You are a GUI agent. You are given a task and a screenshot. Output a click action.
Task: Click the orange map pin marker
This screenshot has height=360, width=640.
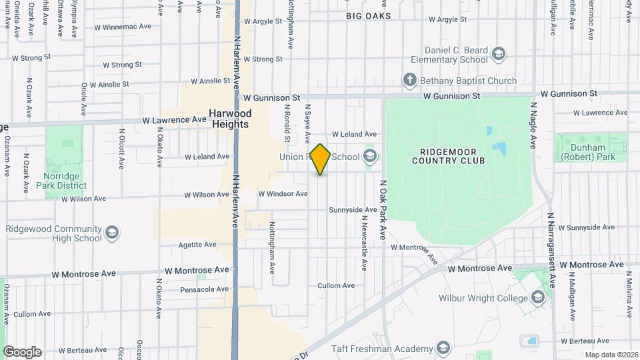pyautogui.click(x=321, y=159)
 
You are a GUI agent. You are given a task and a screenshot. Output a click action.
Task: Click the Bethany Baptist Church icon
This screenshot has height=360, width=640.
pyautogui.click(x=410, y=81)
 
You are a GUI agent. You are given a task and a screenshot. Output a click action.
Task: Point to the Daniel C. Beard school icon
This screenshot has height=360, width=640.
pyautogui.click(x=497, y=54)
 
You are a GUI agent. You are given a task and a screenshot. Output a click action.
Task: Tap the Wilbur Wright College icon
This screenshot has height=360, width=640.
pyautogui.click(x=538, y=298)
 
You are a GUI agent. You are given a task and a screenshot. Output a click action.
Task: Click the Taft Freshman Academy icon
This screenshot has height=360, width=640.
pyautogui.click(x=443, y=349)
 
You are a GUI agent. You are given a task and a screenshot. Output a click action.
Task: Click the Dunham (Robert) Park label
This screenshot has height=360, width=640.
pyautogui.click(x=587, y=152)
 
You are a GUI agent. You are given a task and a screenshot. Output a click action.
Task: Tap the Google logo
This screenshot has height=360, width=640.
pyautogui.click(x=22, y=352)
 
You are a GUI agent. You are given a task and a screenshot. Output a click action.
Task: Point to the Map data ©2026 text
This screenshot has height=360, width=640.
pyautogui.click(x=611, y=355)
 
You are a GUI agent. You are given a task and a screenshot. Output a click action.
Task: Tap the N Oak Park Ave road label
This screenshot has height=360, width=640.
pyautogui.click(x=383, y=210)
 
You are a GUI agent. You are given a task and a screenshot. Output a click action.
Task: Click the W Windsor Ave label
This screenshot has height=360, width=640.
pyautogui.click(x=283, y=194)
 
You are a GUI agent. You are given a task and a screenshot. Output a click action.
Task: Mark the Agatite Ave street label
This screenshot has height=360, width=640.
pyautogui.click(x=197, y=245)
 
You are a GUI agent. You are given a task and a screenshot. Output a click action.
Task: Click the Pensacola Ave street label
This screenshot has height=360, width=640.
pyautogui.click(x=205, y=289)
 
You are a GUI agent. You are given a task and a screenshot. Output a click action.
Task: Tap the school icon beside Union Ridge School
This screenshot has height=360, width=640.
pyautogui.click(x=370, y=157)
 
